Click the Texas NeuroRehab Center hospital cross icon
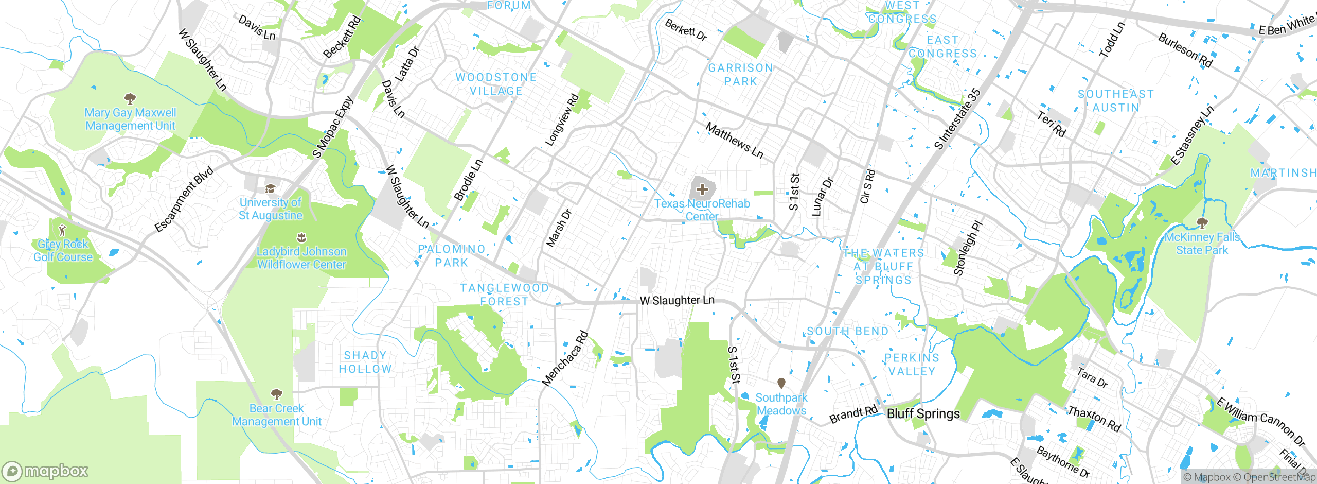pos(702,190)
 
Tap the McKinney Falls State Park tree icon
pos(1202,223)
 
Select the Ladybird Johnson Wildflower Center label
pos(301,258)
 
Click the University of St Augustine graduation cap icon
pos(270,188)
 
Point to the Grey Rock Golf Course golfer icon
pos(63,230)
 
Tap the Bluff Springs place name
pos(923,414)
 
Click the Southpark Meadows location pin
pos(781,383)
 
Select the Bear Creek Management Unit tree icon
pos(277,394)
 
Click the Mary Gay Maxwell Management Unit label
pos(130,119)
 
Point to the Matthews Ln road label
pos(734,140)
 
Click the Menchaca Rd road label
pos(565,359)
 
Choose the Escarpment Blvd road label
pos(184,200)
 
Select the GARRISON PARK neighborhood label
pos(740,75)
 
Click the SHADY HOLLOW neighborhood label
pos(365,362)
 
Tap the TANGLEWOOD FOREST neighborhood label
pos(504,295)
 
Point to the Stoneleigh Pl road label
pos(968,248)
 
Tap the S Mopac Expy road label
pos(333,128)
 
